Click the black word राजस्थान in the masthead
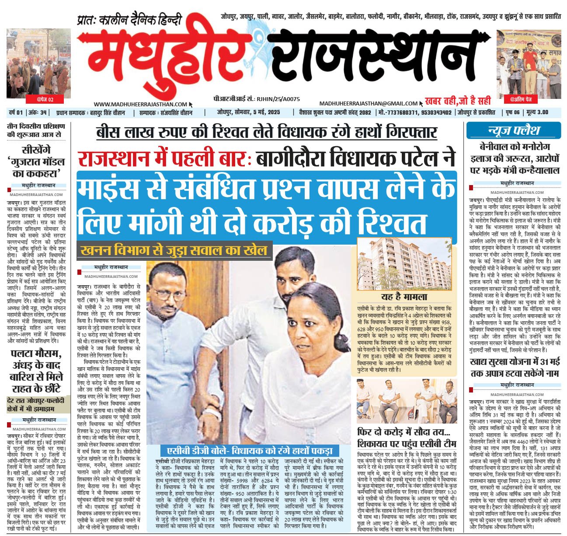tap(376, 57)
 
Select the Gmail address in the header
tap(368, 103)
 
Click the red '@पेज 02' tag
tap(45, 99)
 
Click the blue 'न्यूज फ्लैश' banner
tap(508, 130)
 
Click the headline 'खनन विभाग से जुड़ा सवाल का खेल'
tap(174, 251)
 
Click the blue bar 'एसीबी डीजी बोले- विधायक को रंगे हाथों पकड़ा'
tap(251, 451)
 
